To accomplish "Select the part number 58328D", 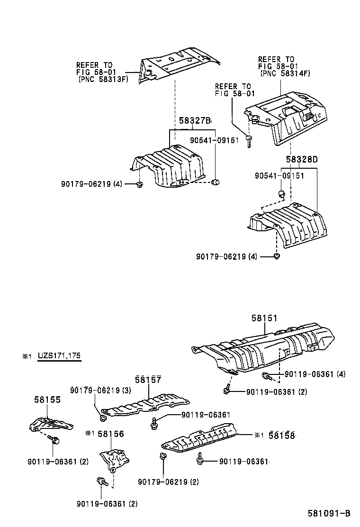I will coord(301,159).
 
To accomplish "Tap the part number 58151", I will coord(264,319).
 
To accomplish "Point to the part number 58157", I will coord(148,380).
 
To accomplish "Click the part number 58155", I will coord(47,400).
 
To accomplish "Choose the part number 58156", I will coord(111,434).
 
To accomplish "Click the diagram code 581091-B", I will coord(328,513).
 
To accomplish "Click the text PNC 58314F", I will coord(285,73).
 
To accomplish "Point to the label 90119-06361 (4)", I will coord(315,374).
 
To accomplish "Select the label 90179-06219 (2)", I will coord(168,482).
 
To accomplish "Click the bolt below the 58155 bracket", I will coord(54,440).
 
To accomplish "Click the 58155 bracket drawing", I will coord(50,423).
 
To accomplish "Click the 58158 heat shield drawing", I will coord(201,439).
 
